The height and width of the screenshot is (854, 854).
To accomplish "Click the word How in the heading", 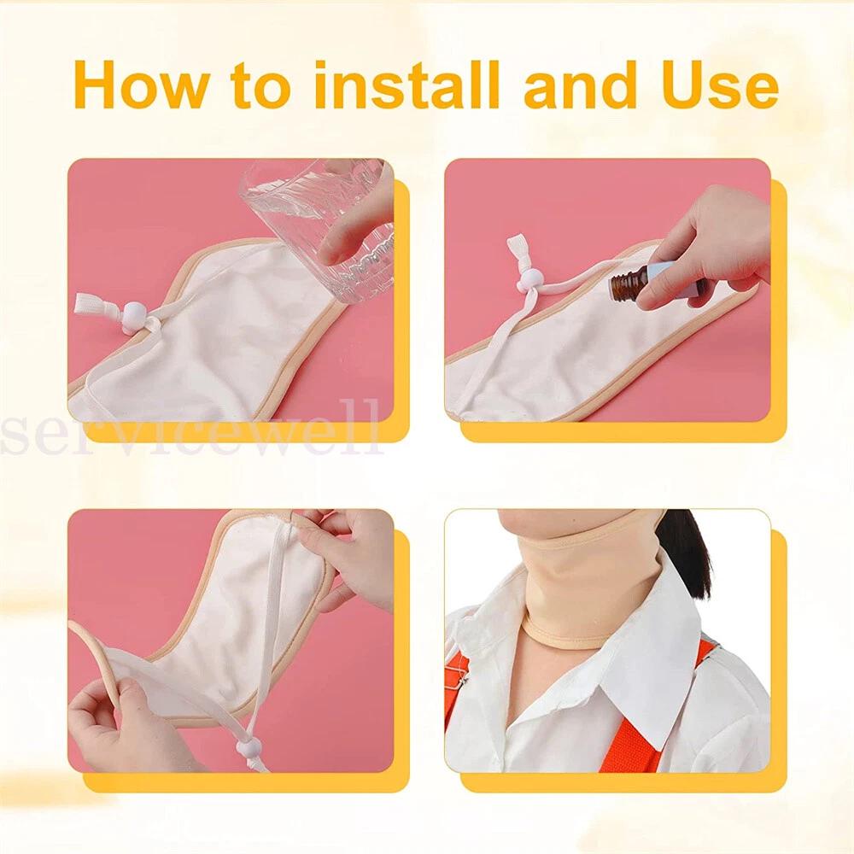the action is [140, 85].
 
